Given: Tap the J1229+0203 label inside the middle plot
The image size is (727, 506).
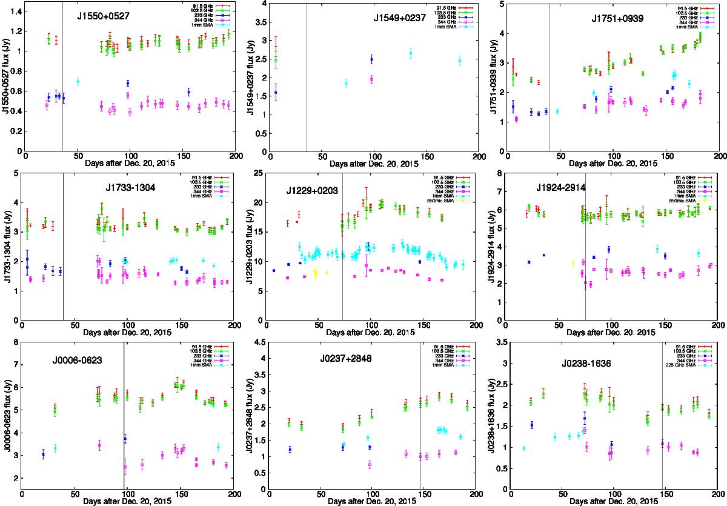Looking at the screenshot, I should pyautogui.click(x=311, y=191).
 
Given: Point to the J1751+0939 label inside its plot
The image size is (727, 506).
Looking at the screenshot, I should pyautogui.click(x=617, y=19).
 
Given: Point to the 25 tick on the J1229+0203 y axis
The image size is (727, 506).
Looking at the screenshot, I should pyautogui.click(x=261, y=173).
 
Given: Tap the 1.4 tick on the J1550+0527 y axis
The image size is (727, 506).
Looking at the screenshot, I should pyautogui.click(x=16, y=12).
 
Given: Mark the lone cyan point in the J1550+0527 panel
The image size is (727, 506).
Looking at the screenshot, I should pyautogui.click(x=78, y=81).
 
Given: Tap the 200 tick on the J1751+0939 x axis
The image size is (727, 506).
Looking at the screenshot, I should pyautogui.click(x=720, y=156).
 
